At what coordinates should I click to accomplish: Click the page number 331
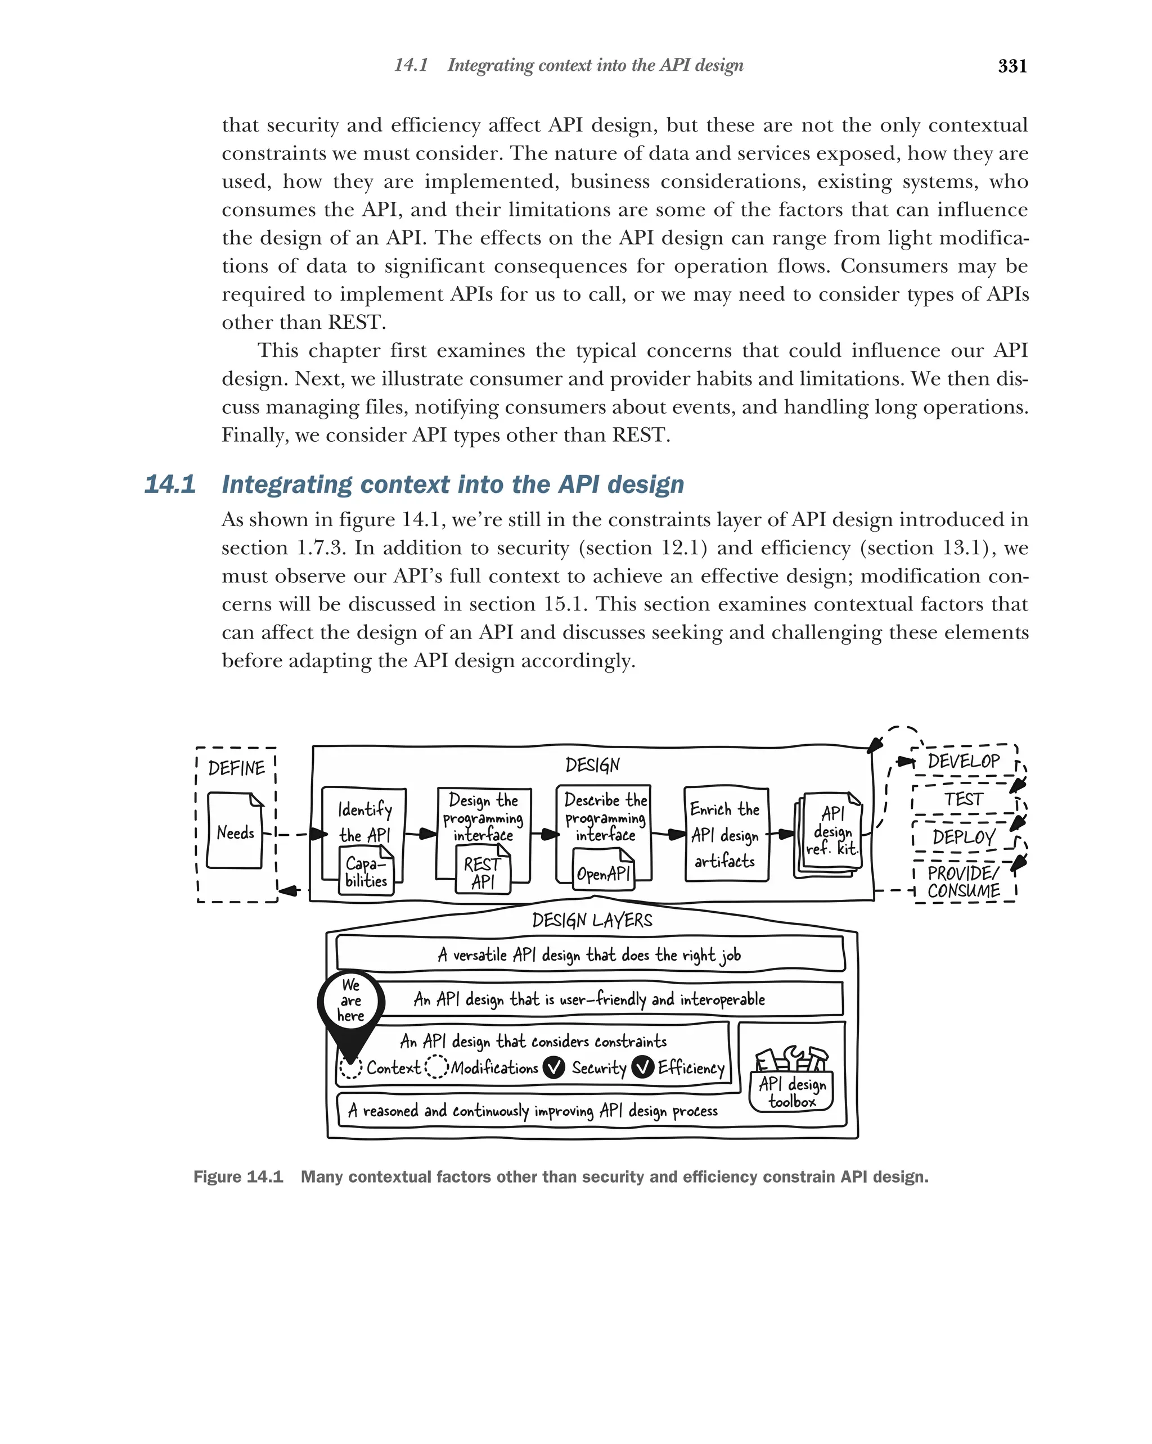(x=1012, y=66)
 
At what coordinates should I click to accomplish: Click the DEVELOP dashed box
(x=963, y=761)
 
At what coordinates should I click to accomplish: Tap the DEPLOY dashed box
(x=963, y=836)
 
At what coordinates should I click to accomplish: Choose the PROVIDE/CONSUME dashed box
(x=964, y=881)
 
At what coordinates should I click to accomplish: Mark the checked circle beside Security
(x=553, y=1067)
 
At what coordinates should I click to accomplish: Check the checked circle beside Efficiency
(x=643, y=1067)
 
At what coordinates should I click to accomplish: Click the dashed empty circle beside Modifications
(x=436, y=1067)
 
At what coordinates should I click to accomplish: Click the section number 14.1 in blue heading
(x=170, y=484)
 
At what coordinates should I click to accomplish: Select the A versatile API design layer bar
(x=589, y=954)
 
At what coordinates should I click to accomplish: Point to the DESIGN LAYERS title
(x=592, y=920)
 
